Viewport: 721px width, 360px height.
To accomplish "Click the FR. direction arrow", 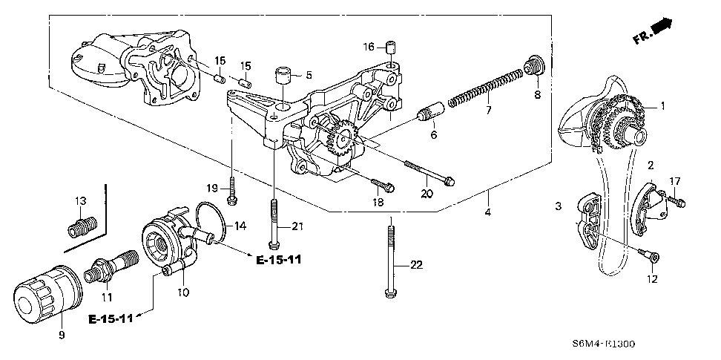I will click(x=656, y=30).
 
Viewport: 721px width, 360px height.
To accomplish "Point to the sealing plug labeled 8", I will click(x=531, y=68).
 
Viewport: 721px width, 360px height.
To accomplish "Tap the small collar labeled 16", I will click(x=388, y=50).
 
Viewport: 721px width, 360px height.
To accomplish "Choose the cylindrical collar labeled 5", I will click(x=283, y=76).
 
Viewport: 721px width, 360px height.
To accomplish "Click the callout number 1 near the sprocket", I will click(x=664, y=105).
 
